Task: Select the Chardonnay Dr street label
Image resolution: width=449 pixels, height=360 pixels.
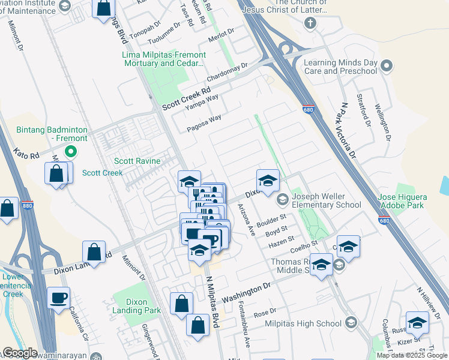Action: [227, 74]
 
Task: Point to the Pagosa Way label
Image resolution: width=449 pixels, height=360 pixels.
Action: [203, 124]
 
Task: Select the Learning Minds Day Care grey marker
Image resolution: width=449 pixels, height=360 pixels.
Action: [387, 66]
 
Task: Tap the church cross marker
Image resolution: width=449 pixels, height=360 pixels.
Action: [310, 23]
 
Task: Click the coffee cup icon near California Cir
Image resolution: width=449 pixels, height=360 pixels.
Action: [59, 298]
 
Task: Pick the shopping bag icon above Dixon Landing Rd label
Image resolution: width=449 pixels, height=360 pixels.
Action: [94, 251]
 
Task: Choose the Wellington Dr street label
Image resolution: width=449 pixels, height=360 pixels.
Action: [384, 122]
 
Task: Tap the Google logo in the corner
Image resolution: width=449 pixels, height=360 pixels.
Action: [19, 353]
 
